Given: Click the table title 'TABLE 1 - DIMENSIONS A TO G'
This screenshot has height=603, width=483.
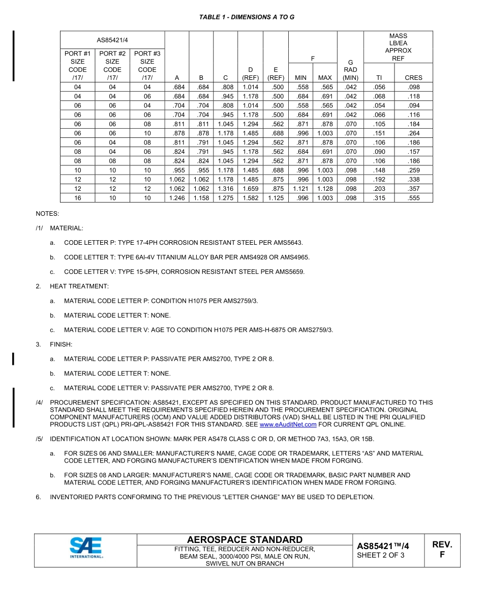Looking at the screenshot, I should (x=247, y=17).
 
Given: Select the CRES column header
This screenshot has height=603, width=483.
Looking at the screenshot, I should (x=413, y=78).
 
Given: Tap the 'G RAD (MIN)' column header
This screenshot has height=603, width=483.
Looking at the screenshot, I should (x=350, y=70).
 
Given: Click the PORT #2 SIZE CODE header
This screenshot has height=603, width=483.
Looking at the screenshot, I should (x=112, y=65).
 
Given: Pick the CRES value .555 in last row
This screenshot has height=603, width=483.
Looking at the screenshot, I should (x=413, y=198).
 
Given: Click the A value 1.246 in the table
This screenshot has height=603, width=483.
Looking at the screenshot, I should (x=177, y=198).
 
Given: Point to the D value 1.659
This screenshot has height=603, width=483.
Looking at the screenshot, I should (x=250, y=189).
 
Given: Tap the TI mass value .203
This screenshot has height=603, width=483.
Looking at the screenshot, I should (x=379, y=189).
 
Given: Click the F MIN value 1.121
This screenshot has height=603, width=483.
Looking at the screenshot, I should (x=301, y=189).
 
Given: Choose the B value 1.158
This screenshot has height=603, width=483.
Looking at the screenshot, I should (x=201, y=198).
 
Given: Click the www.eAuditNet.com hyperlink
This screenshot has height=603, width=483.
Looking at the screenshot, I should (x=288, y=424).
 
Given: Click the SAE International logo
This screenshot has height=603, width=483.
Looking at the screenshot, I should (x=86, y=549).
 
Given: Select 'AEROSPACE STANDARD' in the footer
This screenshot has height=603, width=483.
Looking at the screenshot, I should (x=245, y=540).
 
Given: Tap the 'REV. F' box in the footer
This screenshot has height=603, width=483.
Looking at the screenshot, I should (x=442, y=550).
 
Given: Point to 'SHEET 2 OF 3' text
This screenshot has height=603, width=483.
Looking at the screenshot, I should (x=380, y=555).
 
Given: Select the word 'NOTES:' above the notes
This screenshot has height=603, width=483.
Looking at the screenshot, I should (x=47, y=214).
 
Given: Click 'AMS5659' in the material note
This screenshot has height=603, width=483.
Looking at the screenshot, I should (x=291, y=272).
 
